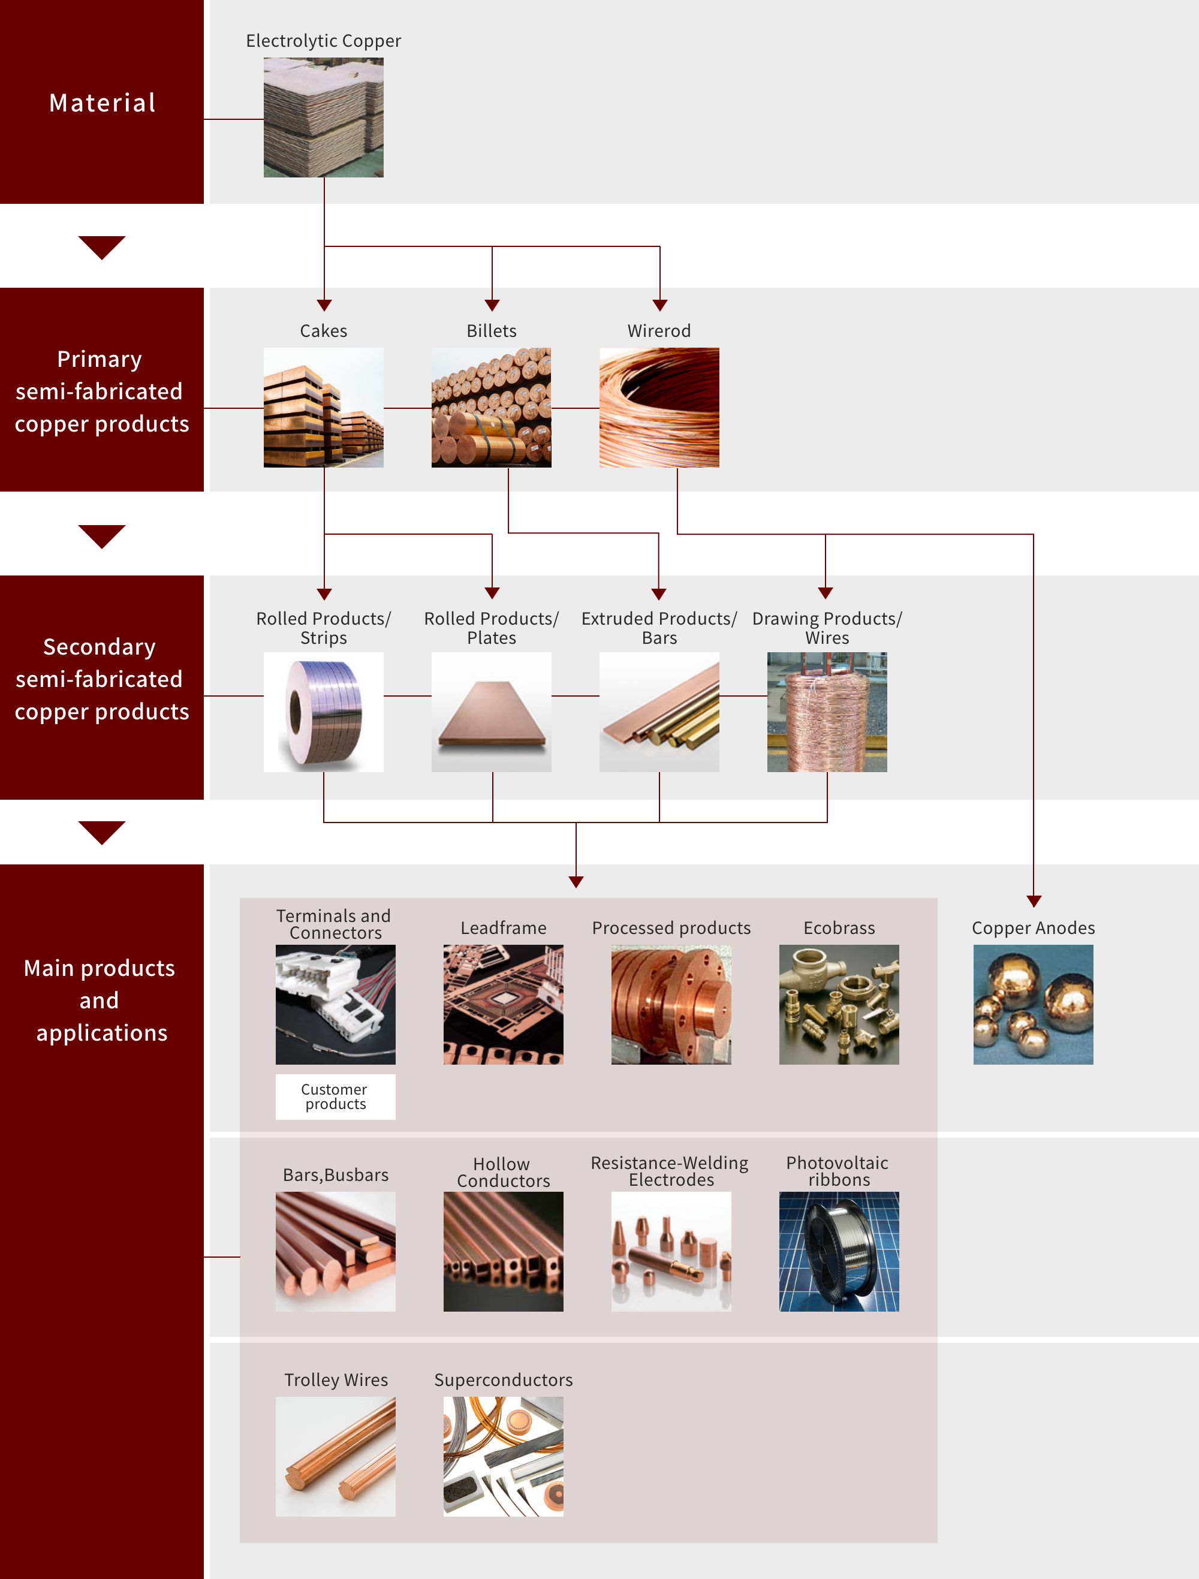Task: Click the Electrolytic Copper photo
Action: point(323,117)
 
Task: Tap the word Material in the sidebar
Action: point(102,103)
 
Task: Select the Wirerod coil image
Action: point(659,408)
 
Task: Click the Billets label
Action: point(491,332)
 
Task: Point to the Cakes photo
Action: point(323,408)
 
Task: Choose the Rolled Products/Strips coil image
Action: point(323,712)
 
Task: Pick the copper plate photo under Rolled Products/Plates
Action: point(491,712)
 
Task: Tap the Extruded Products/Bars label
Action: point(659,628)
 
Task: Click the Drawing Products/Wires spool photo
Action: point(827,712)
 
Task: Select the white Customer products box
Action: point(336,1096)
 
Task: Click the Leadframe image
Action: point(503,1004)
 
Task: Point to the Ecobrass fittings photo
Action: point(839,1004)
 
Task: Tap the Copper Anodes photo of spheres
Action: point(1033,1004)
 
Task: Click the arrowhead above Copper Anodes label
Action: point(1034,901)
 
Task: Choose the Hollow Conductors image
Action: point(503,1250)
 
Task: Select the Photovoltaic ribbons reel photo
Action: point(839,1250)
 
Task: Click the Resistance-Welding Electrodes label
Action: point(670,1171)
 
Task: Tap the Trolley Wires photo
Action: point(336,1456)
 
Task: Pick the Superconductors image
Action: point(503,1456)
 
